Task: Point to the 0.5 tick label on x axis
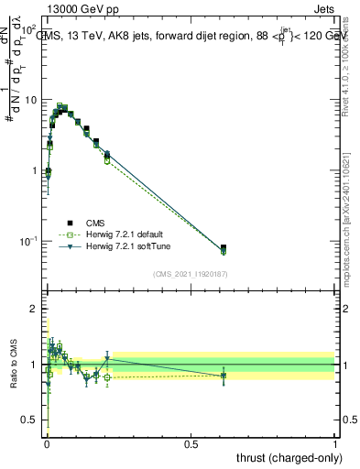(x=191, y=443)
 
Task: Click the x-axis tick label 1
(x=335, y=443)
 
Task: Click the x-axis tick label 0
(x=47, y=443)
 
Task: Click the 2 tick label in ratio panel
(x=34, y=309)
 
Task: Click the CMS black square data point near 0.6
(x=224, y=247)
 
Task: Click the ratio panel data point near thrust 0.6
(x=224, y=375)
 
